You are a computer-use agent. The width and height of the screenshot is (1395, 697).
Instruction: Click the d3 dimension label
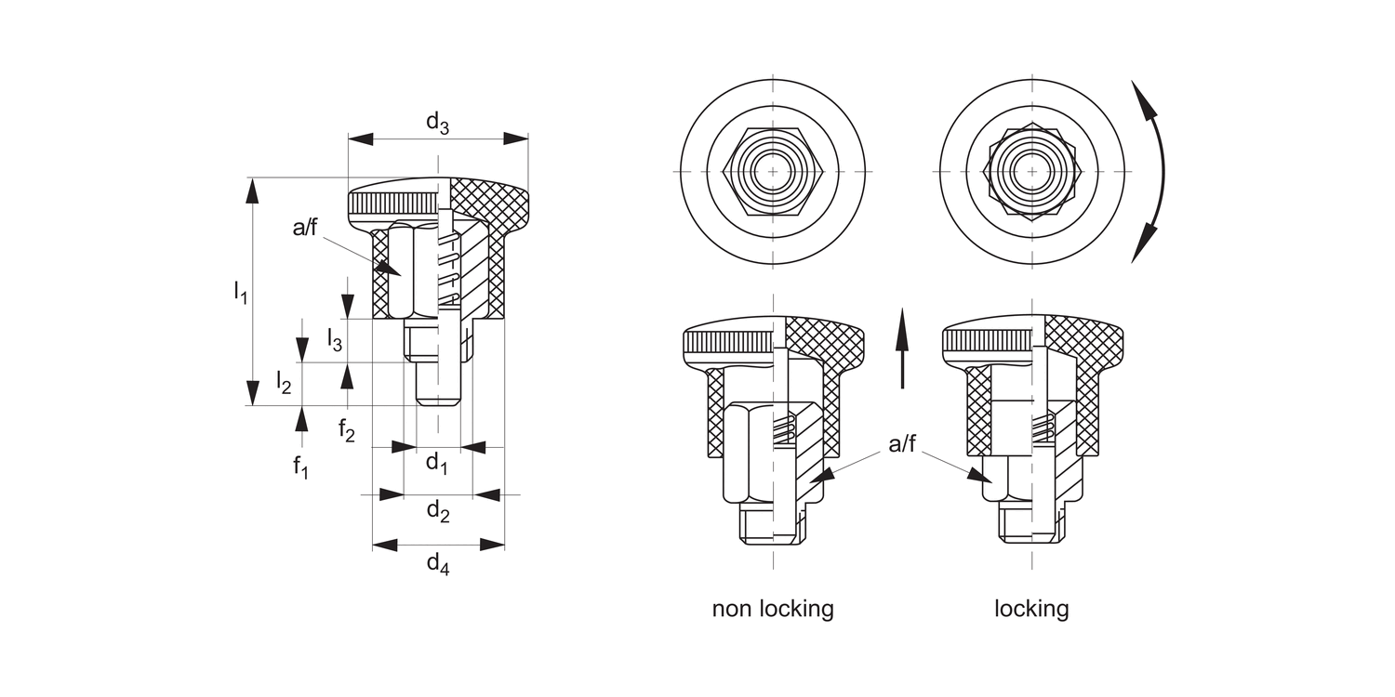437,122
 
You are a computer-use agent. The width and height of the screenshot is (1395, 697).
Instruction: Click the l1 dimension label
240,293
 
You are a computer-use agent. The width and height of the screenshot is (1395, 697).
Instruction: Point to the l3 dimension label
334,340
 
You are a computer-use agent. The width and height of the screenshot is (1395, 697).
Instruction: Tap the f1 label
299,466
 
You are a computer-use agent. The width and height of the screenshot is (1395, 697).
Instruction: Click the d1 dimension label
437,463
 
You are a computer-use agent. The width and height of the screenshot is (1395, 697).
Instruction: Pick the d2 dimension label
438,510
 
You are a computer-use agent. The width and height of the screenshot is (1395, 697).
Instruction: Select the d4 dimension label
438,562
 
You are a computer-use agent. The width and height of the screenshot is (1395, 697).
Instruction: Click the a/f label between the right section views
902,444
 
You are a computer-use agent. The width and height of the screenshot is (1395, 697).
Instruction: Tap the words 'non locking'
773,609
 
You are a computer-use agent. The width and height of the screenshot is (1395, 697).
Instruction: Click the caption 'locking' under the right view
1031,609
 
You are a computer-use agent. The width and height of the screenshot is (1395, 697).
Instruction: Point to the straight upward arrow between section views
901,349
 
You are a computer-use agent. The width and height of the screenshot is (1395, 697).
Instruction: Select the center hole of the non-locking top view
773,173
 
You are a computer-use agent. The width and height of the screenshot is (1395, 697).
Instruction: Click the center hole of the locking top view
1031,173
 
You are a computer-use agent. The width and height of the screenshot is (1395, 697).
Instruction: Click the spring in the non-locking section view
786,429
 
